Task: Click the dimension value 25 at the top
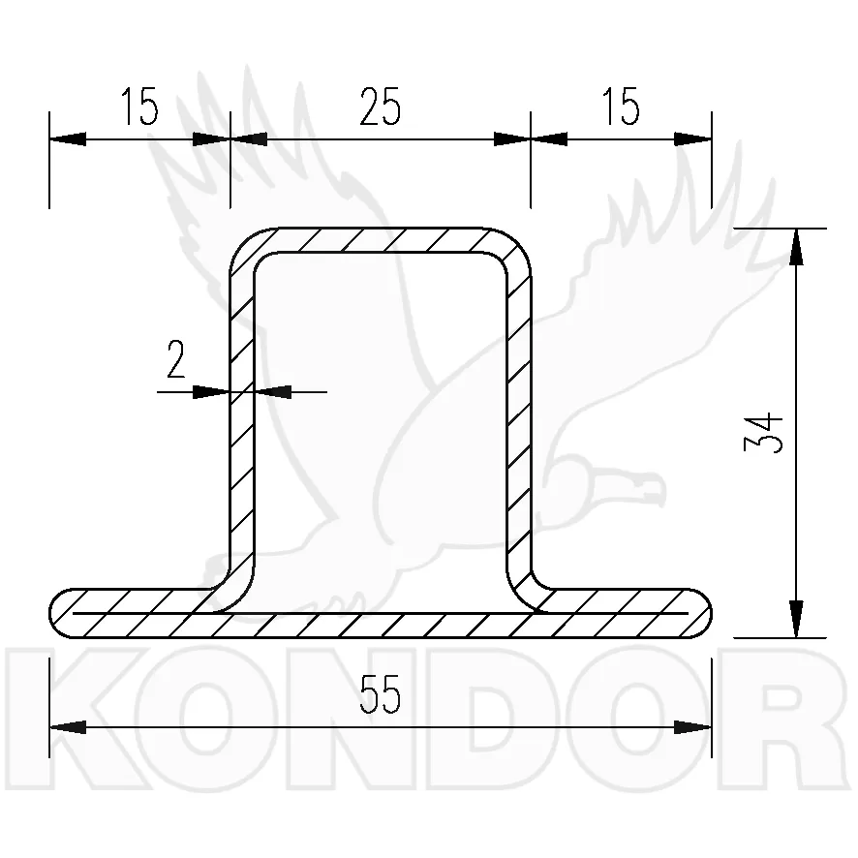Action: pos(381,107)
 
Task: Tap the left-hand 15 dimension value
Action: pos(139,107)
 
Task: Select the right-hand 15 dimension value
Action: pos(621,107)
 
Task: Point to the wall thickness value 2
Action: pos(175,359)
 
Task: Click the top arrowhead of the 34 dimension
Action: pos(796,246)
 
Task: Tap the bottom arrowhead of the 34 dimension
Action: pos(796,619)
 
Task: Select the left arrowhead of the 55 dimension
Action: pos(68,727)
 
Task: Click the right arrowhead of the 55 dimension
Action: pos(692,727)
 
